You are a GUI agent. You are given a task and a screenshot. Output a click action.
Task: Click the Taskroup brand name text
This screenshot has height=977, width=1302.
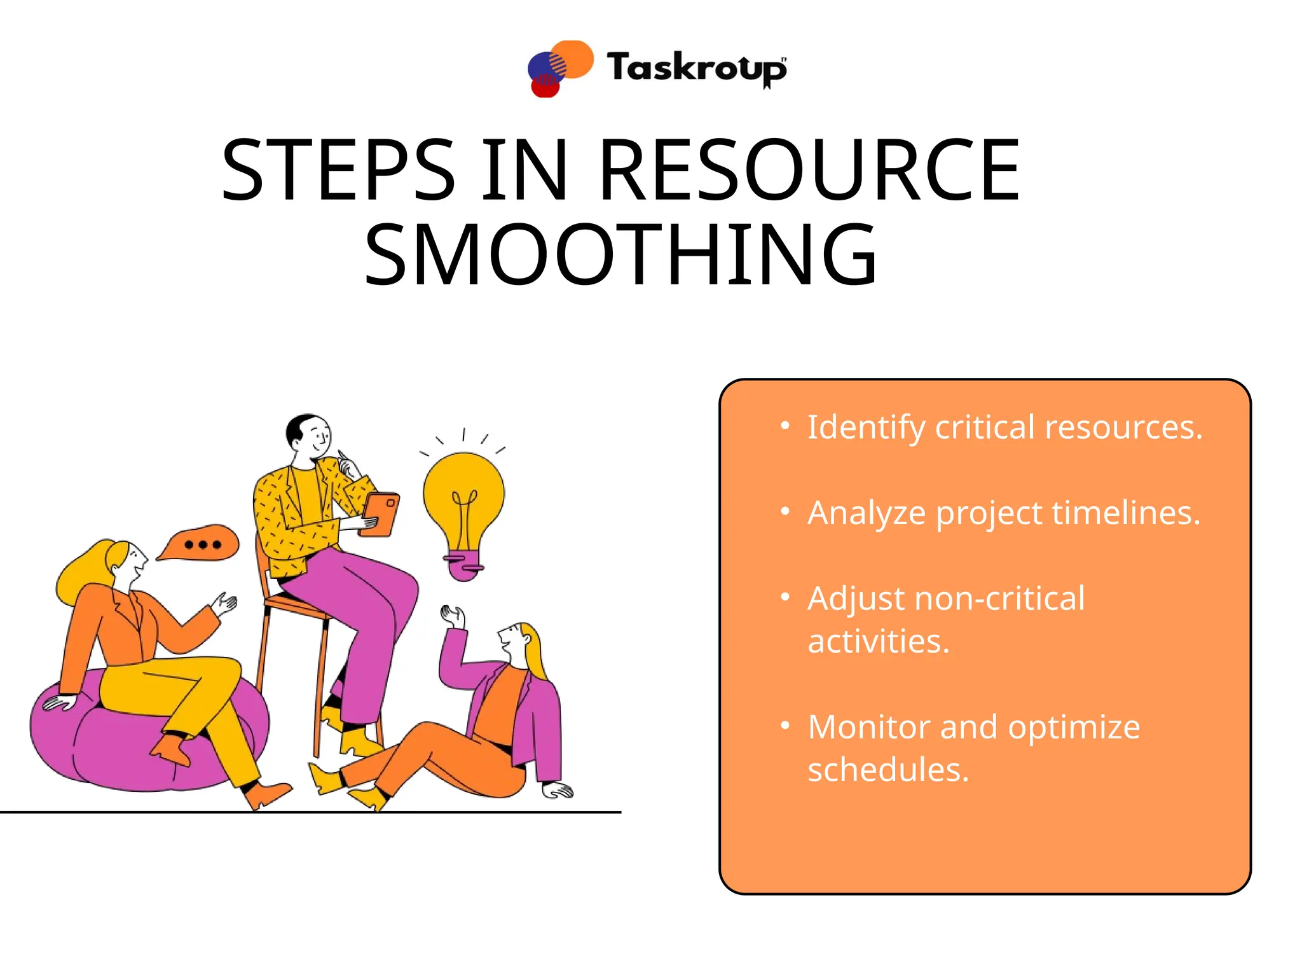696,67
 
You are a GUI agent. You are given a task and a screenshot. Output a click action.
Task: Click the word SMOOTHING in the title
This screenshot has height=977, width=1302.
620,254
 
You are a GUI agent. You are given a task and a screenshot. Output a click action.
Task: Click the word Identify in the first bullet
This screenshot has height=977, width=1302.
866,427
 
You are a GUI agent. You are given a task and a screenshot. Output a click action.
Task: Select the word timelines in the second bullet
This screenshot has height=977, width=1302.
1126,513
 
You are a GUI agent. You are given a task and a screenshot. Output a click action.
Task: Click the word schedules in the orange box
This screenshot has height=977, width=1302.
887,770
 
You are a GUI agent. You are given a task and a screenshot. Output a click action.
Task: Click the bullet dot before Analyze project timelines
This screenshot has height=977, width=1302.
785,511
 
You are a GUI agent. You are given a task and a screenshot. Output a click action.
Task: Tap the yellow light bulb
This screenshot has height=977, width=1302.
463,496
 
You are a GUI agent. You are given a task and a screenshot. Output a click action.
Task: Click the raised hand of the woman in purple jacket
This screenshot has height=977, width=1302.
453,616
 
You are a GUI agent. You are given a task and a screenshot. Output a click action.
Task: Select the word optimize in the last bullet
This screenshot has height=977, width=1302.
1074,727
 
